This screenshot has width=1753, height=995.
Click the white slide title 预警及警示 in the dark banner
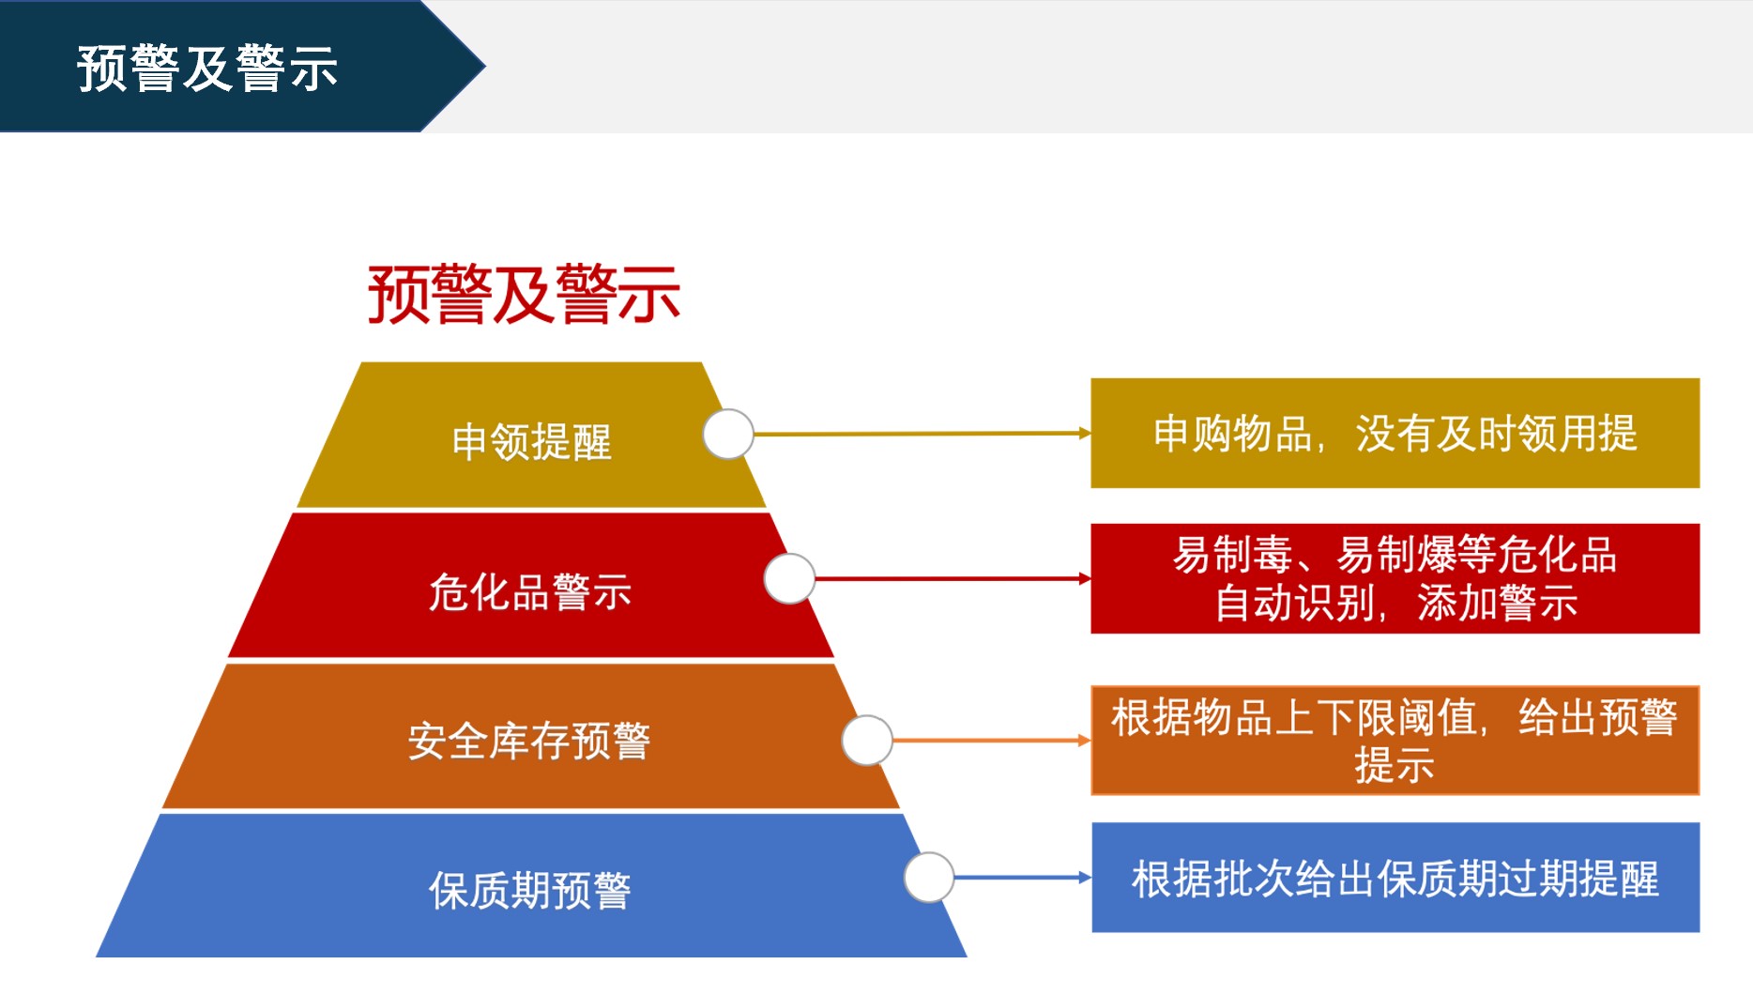point(207,69)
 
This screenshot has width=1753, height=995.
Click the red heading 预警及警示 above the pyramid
point(524,294)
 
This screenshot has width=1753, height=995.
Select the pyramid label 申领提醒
point(532,441)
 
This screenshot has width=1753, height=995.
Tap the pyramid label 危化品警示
point(530,591)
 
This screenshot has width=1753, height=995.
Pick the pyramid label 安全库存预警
point(529,741)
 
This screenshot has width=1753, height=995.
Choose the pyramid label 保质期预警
point(530,890)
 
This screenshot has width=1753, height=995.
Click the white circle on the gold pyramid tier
point(728,434)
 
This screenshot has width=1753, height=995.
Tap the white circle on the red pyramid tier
point(789,578)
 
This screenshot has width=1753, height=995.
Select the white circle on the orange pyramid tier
point(867,740)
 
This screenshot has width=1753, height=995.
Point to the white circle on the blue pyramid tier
point(929,878)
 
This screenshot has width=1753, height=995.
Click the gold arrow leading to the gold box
point(922,434)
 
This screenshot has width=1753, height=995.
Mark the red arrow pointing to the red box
point(953,578)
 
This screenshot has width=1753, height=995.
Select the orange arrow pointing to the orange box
point(992,740)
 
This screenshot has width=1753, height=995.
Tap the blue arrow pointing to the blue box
point(1023,878)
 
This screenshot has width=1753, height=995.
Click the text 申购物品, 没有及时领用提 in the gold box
point(1395,434)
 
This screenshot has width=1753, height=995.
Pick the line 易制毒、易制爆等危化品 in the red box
point(1395,554)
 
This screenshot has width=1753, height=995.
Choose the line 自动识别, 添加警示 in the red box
point(1395,602)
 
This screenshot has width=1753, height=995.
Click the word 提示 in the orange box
point(1395,765)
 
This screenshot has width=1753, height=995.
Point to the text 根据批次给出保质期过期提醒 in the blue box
point(1395,879)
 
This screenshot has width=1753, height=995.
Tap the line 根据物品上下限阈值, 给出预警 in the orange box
point(1395,717)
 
